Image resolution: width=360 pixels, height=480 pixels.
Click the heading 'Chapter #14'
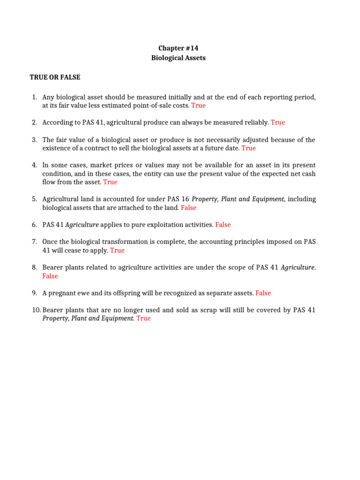point(178,48)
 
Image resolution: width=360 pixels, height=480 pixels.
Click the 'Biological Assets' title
point(178,58)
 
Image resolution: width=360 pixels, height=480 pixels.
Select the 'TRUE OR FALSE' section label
point(55,77)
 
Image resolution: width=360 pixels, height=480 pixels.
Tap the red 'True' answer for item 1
point(198,105)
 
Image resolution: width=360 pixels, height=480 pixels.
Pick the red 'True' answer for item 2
point(277,122)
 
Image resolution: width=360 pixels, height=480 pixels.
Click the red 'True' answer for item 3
point(248,148)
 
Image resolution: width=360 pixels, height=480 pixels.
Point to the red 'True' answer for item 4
point(110,182)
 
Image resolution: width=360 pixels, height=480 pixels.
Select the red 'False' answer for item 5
point(188,208)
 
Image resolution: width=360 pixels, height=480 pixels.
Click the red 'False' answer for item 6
point(223,225)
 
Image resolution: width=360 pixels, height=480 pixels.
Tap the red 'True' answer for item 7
point(117,250)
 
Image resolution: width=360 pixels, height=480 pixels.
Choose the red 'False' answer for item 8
point(50,276)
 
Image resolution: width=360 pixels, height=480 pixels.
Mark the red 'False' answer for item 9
point(263,293)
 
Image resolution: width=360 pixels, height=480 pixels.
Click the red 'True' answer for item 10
point(143,318)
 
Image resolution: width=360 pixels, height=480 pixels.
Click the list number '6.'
point(35,225)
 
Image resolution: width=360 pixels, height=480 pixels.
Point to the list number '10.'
point(36,310)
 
